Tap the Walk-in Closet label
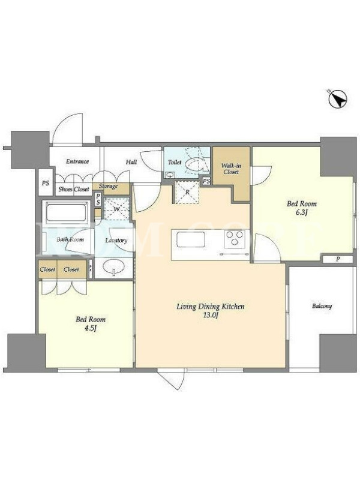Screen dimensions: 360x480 [x=231, y=169]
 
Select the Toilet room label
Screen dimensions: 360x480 [x=175, y=162]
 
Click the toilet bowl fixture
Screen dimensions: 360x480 [x=194, y=164]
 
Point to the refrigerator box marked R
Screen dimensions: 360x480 [x=187, y=192]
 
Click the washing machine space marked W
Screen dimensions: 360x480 [x=116, y=209]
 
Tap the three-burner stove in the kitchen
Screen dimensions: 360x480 [x=235, y=239]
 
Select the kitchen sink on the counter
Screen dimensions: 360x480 [x=190, y=239]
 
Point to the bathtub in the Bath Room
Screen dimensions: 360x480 [x=65, y=212]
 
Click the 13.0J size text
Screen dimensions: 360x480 [x=211, y=316]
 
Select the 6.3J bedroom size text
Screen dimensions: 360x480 [x=302, y=212]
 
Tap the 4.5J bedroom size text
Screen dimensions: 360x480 [x=91, y=328]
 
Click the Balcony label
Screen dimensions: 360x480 [x=322, y=306]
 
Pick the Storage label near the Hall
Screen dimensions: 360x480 [x=108, y=186]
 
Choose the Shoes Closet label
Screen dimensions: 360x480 [x=74, y=189]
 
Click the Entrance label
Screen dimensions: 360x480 [x=77, y=161]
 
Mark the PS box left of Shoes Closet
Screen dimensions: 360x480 [x=46, y=183]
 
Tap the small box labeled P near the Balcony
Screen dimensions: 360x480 [x=338, y=259]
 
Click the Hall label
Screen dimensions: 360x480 [x=131, y=161]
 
